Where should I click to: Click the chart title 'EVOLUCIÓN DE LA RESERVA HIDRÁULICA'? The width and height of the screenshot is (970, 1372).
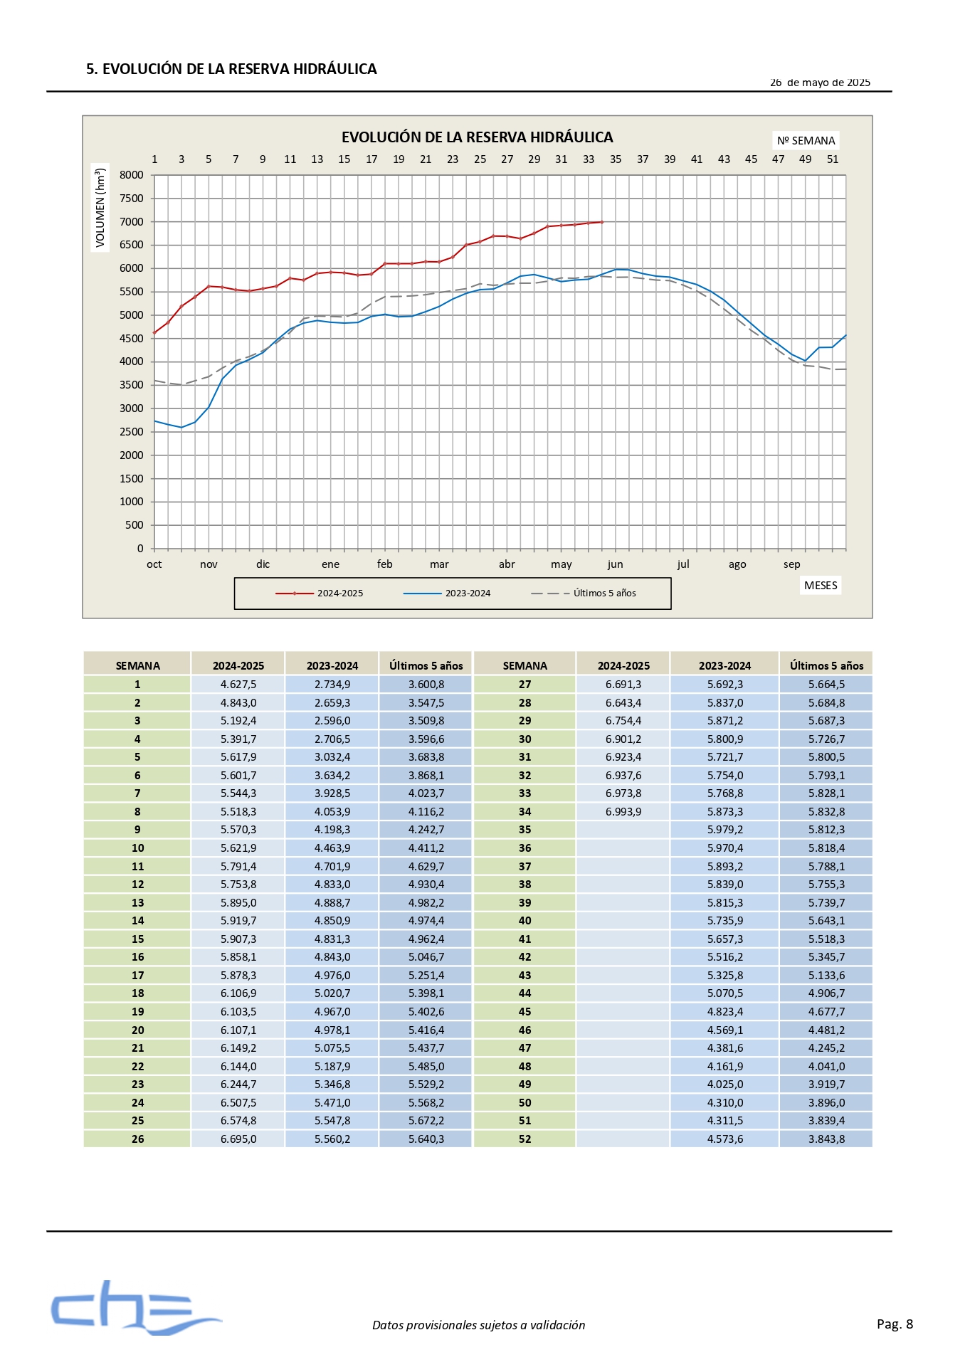pyautogui.click(x=477, y=137)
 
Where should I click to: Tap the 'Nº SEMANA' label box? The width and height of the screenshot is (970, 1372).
pyautogui.click(x=806, y=140)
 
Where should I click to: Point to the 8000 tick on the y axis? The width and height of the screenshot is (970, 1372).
pyautogui.click(x=132, y=175)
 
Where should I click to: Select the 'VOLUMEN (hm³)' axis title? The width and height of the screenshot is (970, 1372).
pyautogui.click(x=100, y=208)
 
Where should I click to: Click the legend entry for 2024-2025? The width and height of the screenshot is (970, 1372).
pyautogui.click(x=320, y=593)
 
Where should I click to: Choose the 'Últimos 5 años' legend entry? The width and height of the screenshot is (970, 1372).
pyautogui.click(x=584, y=593)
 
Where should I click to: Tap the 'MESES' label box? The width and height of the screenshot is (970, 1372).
pyautogui.click(x=821, y=585)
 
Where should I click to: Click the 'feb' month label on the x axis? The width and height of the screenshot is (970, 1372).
pyautogui.click(x=385, y=564)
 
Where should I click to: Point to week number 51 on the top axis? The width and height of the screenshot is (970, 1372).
pyautogui.click(x=833, y=159)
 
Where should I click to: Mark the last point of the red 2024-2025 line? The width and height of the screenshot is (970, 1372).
pyautogui.click(x=602, y=222)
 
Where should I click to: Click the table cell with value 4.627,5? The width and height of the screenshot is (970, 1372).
pyautogui.click(x=238, y=685)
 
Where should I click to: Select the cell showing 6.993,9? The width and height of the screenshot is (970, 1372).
pyautogui.click(x=623, y=812)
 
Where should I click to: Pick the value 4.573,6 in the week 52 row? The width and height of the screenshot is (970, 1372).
pyautogui.click(x=725, y=1139)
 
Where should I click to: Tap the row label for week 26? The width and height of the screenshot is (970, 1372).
pyautogui.click(x=137, y=1139)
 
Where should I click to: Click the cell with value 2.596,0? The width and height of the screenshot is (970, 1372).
pyautogui.click(x=332, y=721)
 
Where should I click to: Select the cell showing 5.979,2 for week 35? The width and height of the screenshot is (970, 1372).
pyautogui.click(x=725, y=830)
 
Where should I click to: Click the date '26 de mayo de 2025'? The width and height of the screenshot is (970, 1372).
pyautogui.click(x=820, y=83)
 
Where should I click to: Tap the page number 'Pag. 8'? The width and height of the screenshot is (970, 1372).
pyautogui.click(x=895, y=1324)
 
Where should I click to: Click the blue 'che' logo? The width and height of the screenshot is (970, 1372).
pyautogui.click(x=135, y=1308)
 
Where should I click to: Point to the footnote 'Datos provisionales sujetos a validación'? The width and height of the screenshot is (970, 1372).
pyautogui.click(x=478, y=1325)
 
